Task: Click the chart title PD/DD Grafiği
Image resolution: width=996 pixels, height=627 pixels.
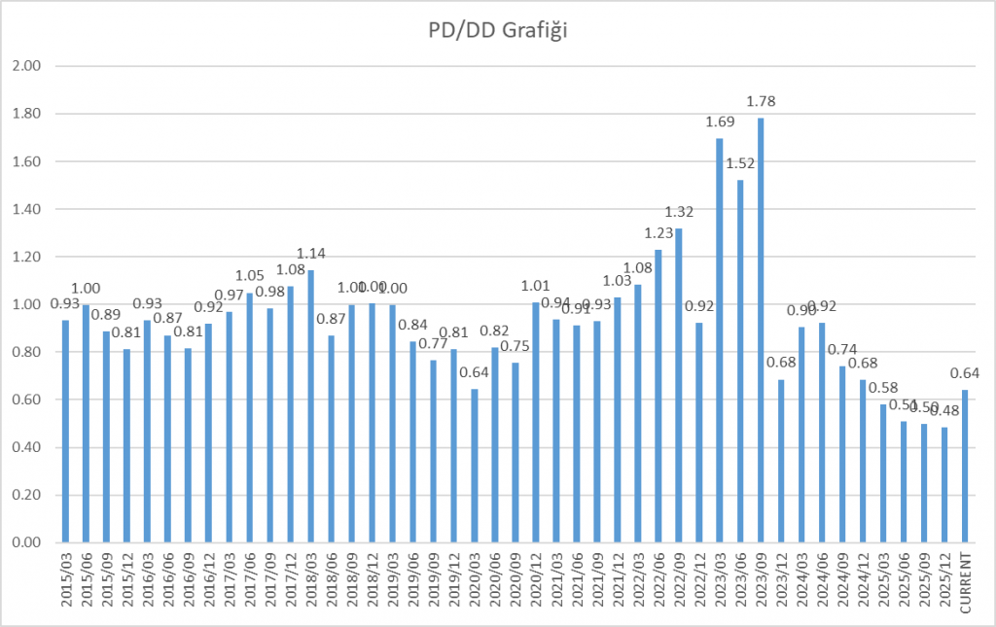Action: click(498, 31)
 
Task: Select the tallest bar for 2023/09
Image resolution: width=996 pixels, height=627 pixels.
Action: click(761, 331)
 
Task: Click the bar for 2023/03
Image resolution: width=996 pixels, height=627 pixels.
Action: click(719, 340)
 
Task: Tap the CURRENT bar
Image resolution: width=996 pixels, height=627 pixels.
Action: click(966, 467)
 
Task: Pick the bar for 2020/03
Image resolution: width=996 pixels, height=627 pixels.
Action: click(474, 467)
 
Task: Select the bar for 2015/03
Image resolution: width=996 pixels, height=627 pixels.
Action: click(65, 432)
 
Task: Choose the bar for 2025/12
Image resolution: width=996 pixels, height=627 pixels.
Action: click(944, 485)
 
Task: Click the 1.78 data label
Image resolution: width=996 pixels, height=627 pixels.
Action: click(761, 101)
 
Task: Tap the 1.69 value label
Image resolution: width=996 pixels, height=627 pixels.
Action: click(719, 122)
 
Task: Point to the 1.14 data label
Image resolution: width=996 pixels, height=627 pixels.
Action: click(310, 254)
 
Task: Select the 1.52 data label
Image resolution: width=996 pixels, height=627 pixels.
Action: click(740, 163)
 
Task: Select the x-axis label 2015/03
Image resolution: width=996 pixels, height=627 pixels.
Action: click(65, 581)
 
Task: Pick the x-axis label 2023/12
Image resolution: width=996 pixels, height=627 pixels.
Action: click(781, 581)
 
